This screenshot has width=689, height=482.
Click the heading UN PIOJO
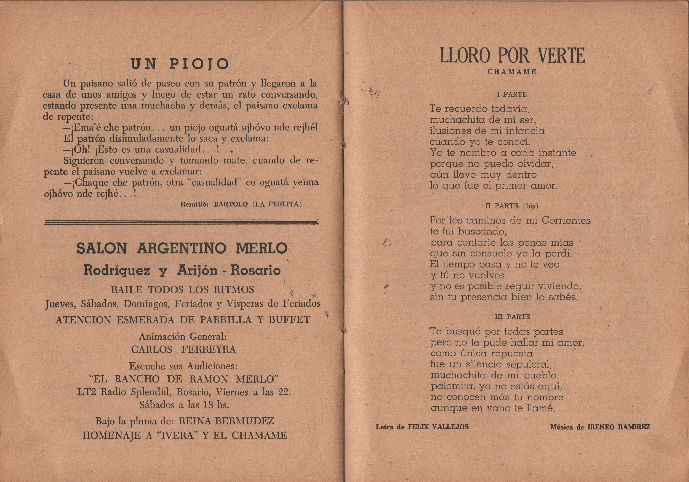tap(180, 64)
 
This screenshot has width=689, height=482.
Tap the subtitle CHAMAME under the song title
tap(512, 72)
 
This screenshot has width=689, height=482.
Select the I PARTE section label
tap(512, 95)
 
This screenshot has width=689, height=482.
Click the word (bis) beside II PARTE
tap(530, 206)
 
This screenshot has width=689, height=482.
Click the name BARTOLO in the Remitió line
tap(231, 204)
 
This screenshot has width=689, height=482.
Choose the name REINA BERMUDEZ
tap(226, 421)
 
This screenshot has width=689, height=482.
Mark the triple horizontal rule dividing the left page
tap(182, 222)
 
